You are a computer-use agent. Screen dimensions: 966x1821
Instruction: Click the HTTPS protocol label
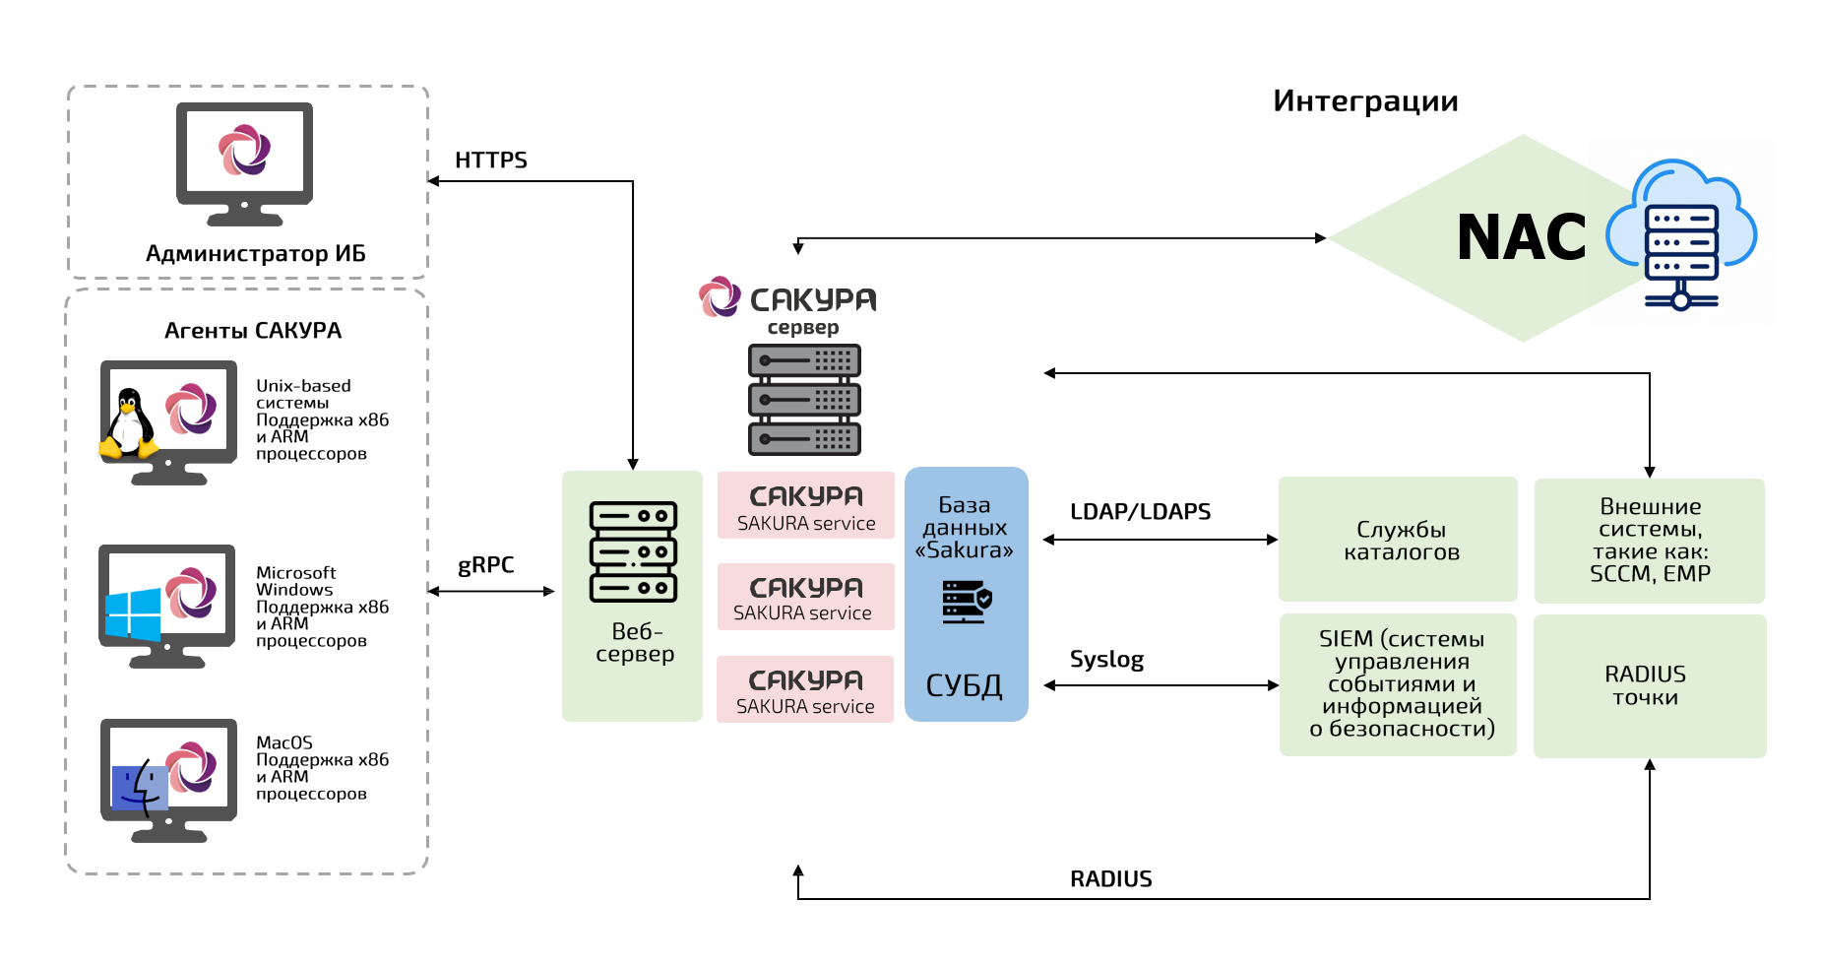pyautogui.click(x=490, y=160)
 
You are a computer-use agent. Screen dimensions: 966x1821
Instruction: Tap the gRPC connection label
pyautogui.click(x=485, y=565)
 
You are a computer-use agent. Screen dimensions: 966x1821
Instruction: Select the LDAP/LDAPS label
pyautogui.click(x=1140, y=512)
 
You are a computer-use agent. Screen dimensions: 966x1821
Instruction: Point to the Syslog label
pyautogui.click(x=1106, y=660)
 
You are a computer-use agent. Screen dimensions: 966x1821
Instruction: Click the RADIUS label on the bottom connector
pyautogui.click(x=1110, y=879)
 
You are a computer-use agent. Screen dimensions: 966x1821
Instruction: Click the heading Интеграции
pyautogui.click(x=1364, y=101)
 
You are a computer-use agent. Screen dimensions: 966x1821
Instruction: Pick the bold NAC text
pyautogui.click(x=1521, y=238)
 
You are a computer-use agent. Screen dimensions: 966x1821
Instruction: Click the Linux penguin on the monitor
pyautogui.click(x=128, y=423)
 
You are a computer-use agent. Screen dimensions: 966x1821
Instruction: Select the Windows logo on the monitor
pyautogui.click(x=133, y=613)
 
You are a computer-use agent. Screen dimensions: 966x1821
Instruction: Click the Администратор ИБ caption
pyautogui.click(x=255, y=254)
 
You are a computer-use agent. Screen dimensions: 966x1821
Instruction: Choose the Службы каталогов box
pyautogui.click(x=1398, y=540)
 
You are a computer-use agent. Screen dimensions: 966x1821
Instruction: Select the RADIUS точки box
pyautogui.click(x=1649, y=686)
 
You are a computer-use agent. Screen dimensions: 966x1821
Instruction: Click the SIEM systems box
pyautogui.click(x=1398, y=684)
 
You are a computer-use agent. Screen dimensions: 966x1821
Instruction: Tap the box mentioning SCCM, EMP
pyautogui.click(x=1649, y=541)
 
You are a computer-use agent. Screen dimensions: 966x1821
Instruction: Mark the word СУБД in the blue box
pyautogui.click(x=964, y=685)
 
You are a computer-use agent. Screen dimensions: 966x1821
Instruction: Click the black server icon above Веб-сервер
pyautogui.click(x=633, y=551)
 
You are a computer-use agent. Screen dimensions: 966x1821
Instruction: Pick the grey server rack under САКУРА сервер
pyautogui.click(x=804, y=400)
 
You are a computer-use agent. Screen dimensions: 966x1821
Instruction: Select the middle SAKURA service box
pyautogui.click(x=805, y=597)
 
